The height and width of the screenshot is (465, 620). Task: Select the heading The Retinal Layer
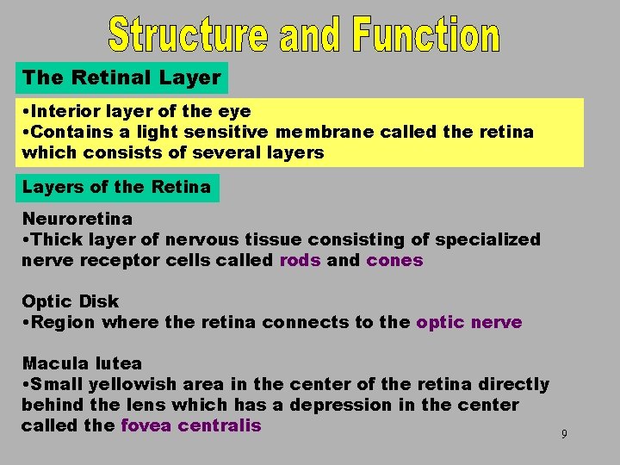[121, 77]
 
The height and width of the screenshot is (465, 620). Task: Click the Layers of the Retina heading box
[116, 187]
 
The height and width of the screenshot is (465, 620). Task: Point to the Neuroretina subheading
[77, 219]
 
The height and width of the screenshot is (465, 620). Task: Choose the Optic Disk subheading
[71, 301]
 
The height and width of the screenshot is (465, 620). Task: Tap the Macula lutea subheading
[82, 363]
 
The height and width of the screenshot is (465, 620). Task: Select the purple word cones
[394, 260]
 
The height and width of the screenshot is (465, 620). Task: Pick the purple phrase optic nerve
[468, 322]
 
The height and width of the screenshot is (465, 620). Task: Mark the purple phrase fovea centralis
[190, 425]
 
